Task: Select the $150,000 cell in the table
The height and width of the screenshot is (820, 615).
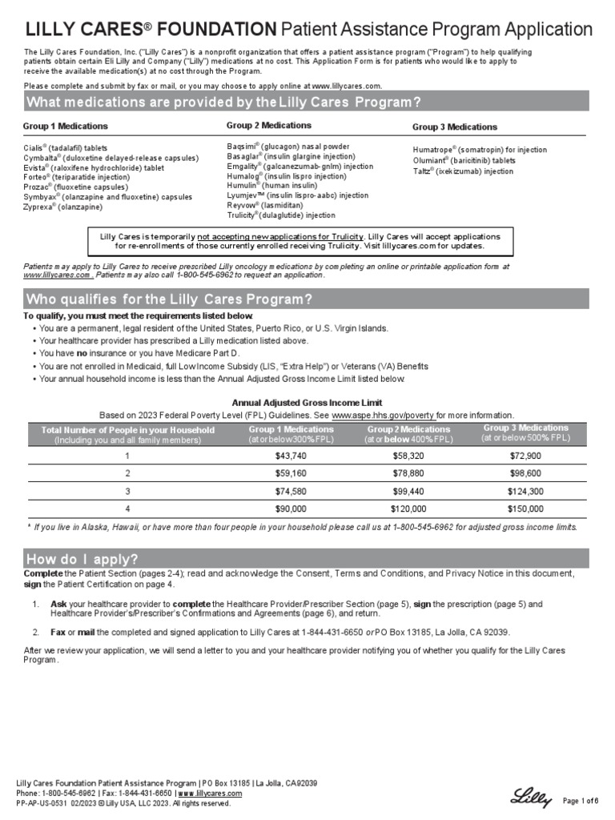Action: click(x=525, y=508)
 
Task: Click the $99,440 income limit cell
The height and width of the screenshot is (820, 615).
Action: click(x=408, y=491)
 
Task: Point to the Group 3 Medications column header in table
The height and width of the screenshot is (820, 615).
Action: click(x=525, y=433)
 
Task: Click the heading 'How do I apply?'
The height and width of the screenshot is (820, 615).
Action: click(x=83, y=559)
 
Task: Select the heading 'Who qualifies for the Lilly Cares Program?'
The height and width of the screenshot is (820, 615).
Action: click(x=169, y=299)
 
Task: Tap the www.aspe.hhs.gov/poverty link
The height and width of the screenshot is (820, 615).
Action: click(x=383, y=416)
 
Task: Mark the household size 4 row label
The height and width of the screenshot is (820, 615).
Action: click(x=127, y=508)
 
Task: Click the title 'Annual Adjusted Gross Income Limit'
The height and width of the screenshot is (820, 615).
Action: click(x=307, y=403)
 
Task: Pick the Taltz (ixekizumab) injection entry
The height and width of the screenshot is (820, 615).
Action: click(x=463, y=171)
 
